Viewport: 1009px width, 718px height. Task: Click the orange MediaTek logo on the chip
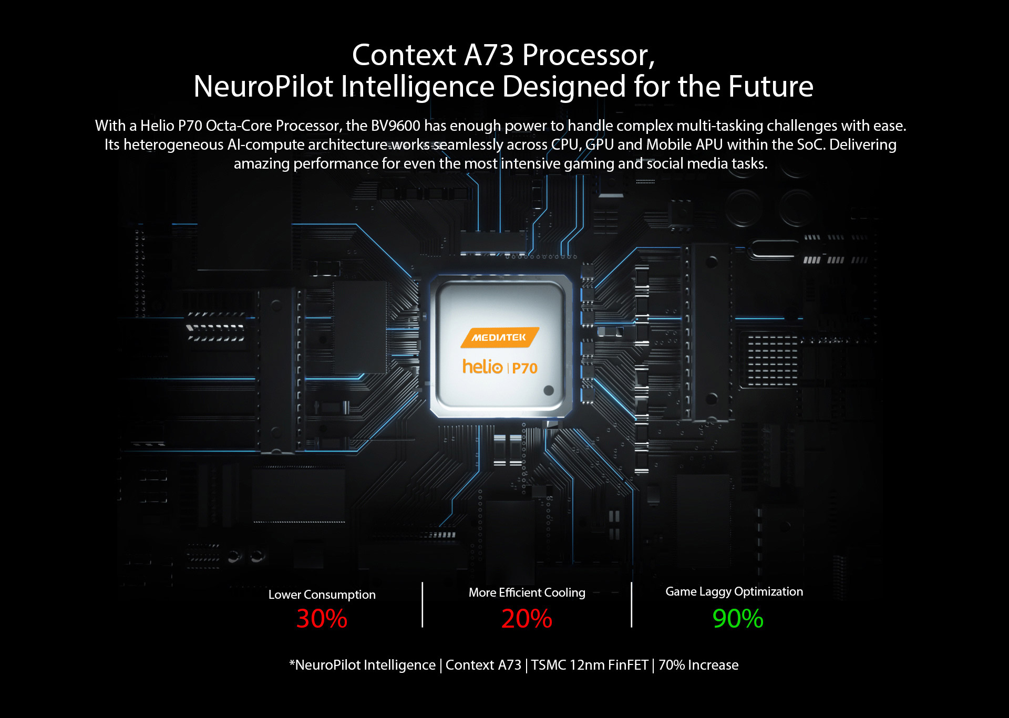click(x=500, y=337)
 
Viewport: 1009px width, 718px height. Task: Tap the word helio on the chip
click(x=482, y=367)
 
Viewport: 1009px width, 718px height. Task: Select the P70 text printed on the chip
click(x=524, y=368)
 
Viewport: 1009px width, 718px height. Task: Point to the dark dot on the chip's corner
click(x=549, y=390)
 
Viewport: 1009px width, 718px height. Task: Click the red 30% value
click(x=322, y=618)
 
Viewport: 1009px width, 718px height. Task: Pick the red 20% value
click(x=527, y=618)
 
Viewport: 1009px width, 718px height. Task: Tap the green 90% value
click(x=738, y=618)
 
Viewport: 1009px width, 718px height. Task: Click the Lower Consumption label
click(x=322, y=595)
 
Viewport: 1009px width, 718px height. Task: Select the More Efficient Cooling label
click(x=527, y=592)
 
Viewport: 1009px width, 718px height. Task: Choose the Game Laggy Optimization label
click(x=734, y=592)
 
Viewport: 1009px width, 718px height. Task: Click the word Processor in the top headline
click(x=589, y=55)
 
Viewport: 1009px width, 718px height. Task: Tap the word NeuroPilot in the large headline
click(x=263, y=87)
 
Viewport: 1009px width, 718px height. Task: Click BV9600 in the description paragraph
click(x=396, y=126)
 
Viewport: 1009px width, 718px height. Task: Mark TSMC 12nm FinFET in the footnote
click(x=590, y=665)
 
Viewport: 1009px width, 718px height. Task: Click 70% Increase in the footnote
click(x=698, y=665)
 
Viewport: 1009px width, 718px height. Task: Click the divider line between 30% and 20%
click(x=422, y=605)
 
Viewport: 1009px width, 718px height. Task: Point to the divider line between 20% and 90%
click(x=631, y=605)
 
